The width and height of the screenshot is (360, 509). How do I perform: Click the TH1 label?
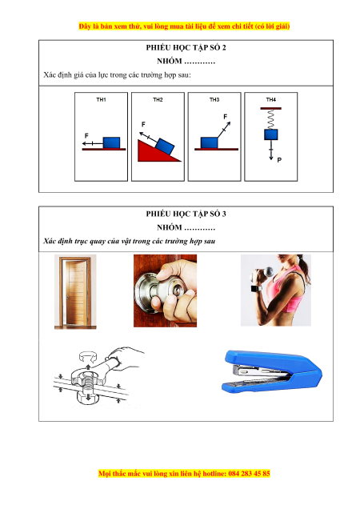[x=101, y=99]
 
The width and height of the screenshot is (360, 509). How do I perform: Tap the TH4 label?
[x=270, y=99]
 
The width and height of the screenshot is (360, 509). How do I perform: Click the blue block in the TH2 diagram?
[x=165, y=146]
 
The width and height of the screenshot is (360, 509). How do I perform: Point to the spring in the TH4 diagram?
[x=270, y=119]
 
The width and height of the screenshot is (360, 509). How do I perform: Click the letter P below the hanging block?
[x=279, y=160]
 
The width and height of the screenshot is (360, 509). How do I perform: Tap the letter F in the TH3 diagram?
[x=226, y=116]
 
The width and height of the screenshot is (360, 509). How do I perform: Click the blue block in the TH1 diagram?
[x=111, y=142]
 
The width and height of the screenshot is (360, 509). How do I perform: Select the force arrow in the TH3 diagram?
[x=224, y=130]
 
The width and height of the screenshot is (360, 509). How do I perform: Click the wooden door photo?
[x=75, y=291]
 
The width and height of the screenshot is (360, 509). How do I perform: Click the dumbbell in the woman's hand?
[x=265, y=272]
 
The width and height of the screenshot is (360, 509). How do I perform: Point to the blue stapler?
[x=272, y=371]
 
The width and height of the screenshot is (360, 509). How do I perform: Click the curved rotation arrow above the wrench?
[x=88, y=356]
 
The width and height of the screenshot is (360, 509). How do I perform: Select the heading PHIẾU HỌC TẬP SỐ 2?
[x=186, y=48]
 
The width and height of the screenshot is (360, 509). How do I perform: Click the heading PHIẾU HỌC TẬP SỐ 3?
[x=186, y=214]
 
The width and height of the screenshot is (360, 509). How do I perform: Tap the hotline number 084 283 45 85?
[x=249, y=473]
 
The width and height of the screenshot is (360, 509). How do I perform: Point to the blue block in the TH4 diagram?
[x=270, y=134]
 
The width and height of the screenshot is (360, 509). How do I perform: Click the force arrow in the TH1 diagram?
[x=93, y=143]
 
